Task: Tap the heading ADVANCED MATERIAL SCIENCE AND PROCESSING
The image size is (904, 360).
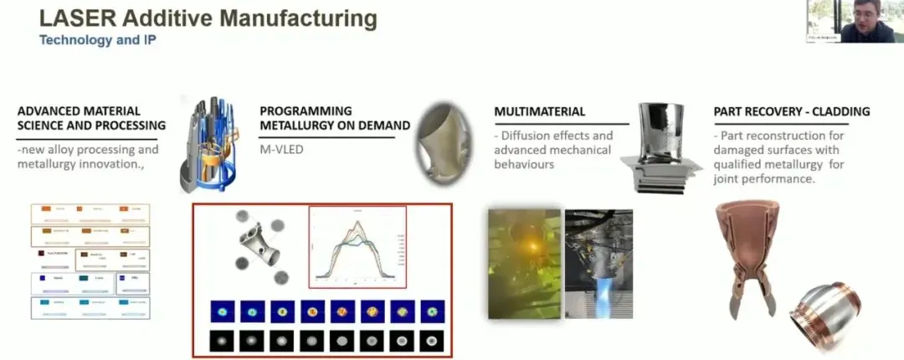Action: click(91, 118)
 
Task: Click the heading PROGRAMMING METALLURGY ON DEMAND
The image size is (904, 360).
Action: click(334, 118)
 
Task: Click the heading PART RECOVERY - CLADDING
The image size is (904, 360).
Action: click(791, 111)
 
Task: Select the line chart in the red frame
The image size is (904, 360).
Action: click(357, 247)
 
